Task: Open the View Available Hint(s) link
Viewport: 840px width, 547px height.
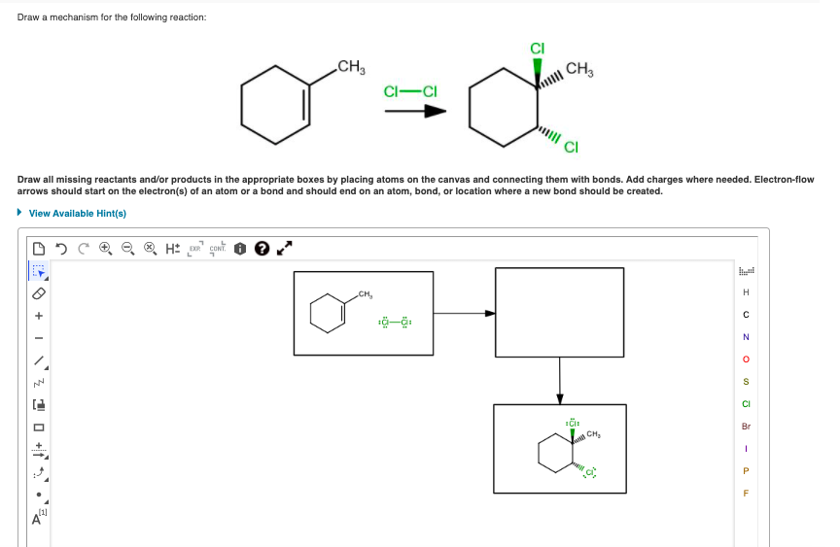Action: click(x=77, y=213)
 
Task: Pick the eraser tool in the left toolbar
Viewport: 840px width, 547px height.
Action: click(x=40, y=292)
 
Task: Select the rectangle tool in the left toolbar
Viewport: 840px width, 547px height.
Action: click(x=40, y=427)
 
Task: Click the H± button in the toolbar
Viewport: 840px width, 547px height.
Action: click(x=171, y=249)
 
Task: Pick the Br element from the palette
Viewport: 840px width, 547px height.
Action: click(x=746, y=426)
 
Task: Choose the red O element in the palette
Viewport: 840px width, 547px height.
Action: click(x=746, y=359)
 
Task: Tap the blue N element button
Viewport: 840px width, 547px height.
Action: click(x=746, y=337)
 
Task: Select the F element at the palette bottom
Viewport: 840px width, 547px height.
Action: click(x=746, y=492)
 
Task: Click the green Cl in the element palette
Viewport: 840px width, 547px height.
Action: click(x=746, y=403)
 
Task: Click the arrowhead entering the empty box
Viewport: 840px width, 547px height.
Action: click(x=490, y=313)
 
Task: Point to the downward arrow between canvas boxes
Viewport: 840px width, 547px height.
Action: click(x=559, y=380)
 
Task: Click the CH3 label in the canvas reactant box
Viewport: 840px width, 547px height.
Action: click(x=366, y=294)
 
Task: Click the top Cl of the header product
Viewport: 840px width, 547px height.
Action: click(x=536, y=48)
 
